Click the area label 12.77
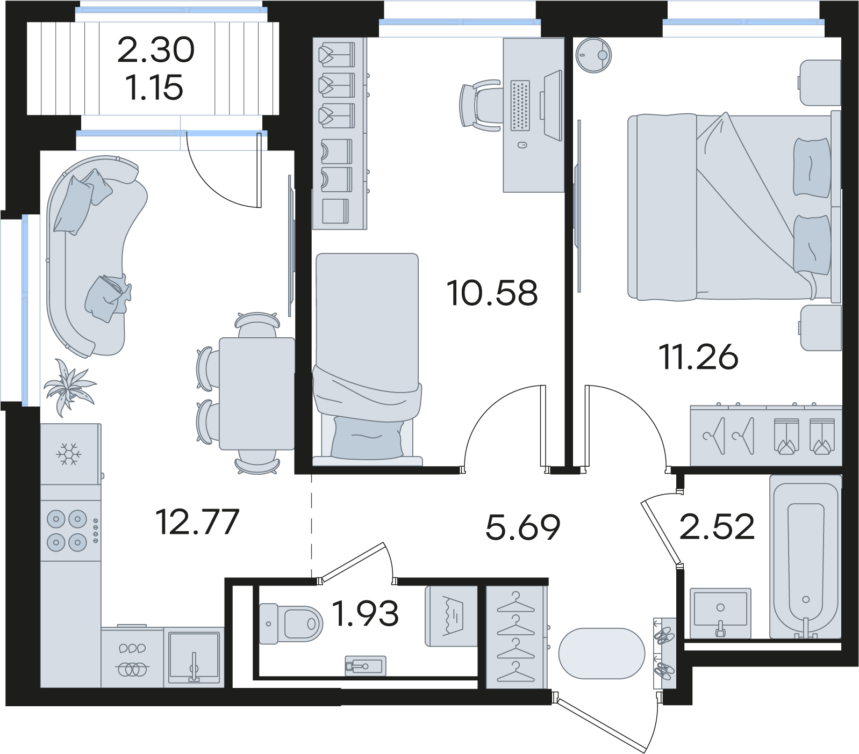click(x=197, y=522)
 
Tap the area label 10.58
click(x=492, y=293)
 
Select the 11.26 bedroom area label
click(x=698, y=357)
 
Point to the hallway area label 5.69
click(x=522, y=527)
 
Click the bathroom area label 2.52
click(x=717, y=526)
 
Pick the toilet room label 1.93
click(x=366, y=613)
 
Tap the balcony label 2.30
click(x=155, y=49)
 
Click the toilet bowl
click(x=290, y=624)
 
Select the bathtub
click(x=805, y=556)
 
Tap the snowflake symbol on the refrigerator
click(x=69, y=454)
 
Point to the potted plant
click(x=68, y=386)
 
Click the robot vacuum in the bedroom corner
click(x=593, y=55)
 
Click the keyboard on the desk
click(x=520, y=105)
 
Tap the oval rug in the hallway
click(x=602, y=654)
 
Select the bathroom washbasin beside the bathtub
click(x=720, y=612)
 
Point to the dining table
click(x=257, y=393)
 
